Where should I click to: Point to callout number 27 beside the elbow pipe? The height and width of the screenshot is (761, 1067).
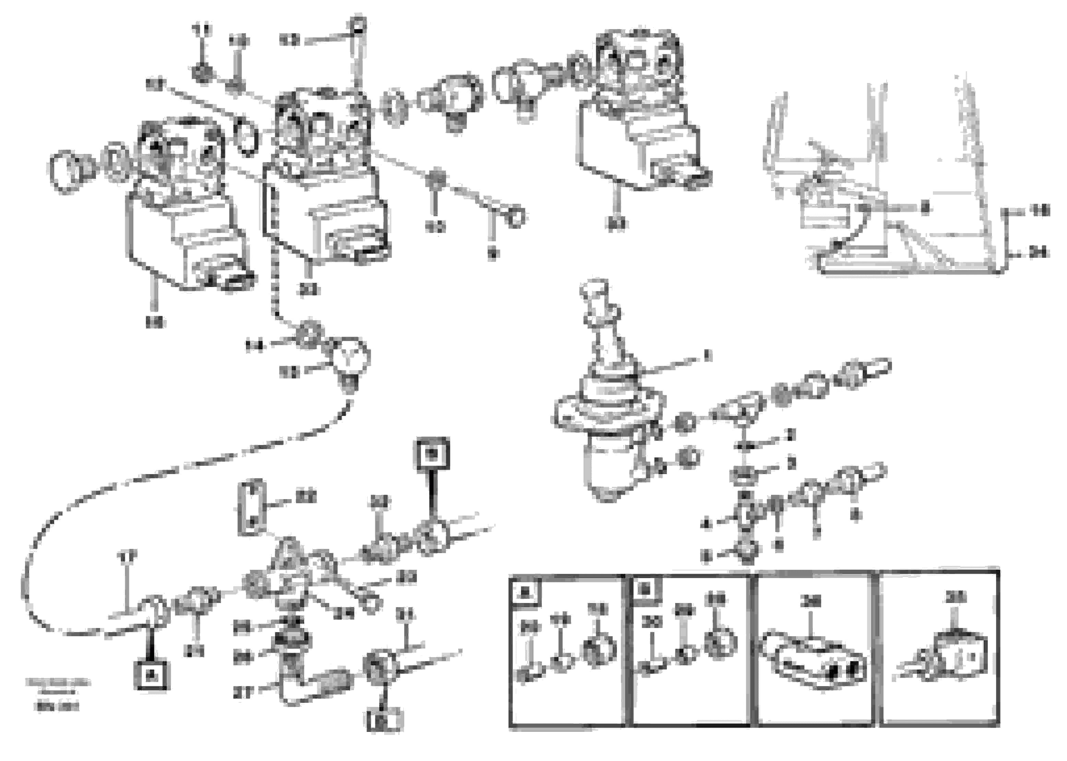[x=244, y=692]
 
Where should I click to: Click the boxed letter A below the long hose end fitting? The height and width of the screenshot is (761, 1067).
[x=151, y=675]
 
